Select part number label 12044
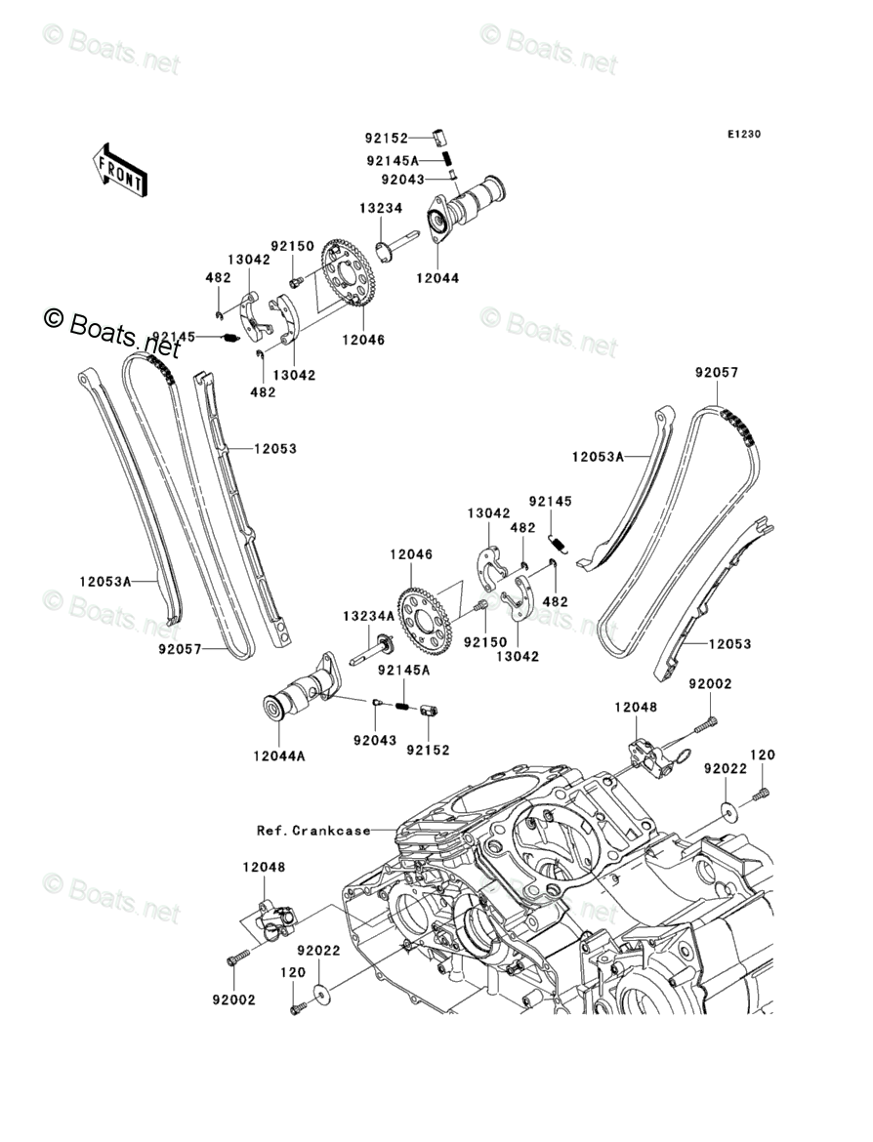click(437, 278)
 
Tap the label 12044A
click(279, 756)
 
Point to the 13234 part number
click(381, 208)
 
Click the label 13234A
click(369, 616)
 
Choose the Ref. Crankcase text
click(313, 831)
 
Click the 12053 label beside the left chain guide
click(275, 449)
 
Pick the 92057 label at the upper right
click(717, 373)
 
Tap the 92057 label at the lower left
click(180, 649)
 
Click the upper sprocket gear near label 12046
click(348, 274)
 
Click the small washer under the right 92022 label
click(726, 808)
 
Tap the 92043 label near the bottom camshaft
click(375, 741)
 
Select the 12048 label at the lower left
click(264, 868)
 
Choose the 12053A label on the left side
click(105, 581)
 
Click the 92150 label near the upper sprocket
click(292, 247)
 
